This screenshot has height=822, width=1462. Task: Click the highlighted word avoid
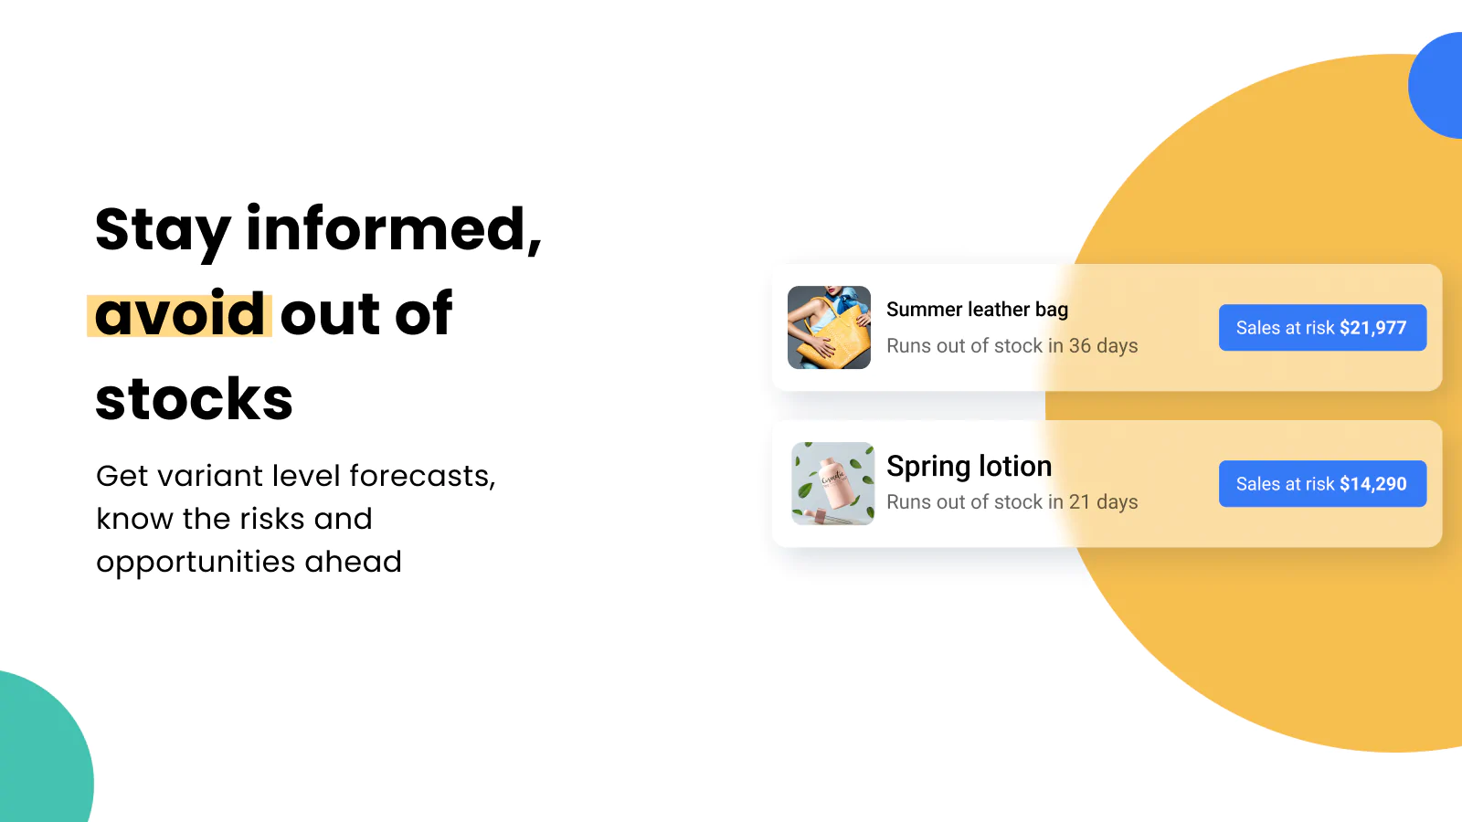(x=179, y=314)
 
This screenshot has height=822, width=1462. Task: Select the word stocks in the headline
(x=194, y=398)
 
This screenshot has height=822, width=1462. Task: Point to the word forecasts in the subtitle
(x=422, y=476)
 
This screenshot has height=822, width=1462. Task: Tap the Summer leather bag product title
(x=977, y=310)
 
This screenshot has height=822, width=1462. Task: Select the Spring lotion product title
(x=969, y=467)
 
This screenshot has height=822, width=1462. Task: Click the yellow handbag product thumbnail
(x=829, y=328)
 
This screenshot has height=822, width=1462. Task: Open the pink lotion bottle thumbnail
(x=832, y=483)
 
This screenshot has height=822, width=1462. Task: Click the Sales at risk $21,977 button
(x=1322, y=328)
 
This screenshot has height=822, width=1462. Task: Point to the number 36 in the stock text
(x=1079, y=346)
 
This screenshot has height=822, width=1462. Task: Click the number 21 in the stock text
(x=1079, y=501)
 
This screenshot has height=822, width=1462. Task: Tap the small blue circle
(x=1436, y=85)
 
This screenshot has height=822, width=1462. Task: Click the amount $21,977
(x=1372, y=328)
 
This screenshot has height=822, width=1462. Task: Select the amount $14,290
(x=1372, y=483)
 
